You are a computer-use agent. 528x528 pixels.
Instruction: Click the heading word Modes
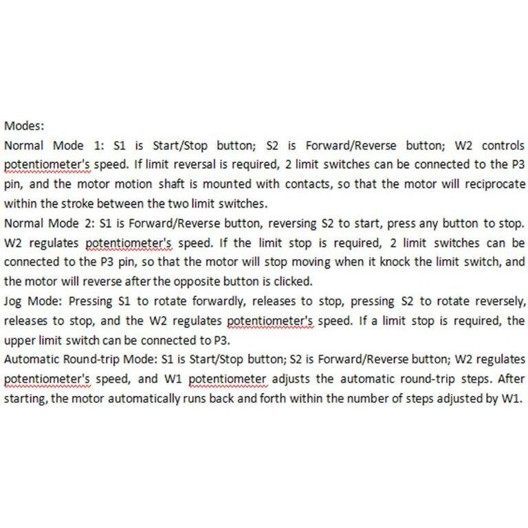tap(24, 126)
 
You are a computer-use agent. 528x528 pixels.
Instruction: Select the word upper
tap(19, 340)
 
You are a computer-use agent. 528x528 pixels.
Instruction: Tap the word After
tap(511, 378)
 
